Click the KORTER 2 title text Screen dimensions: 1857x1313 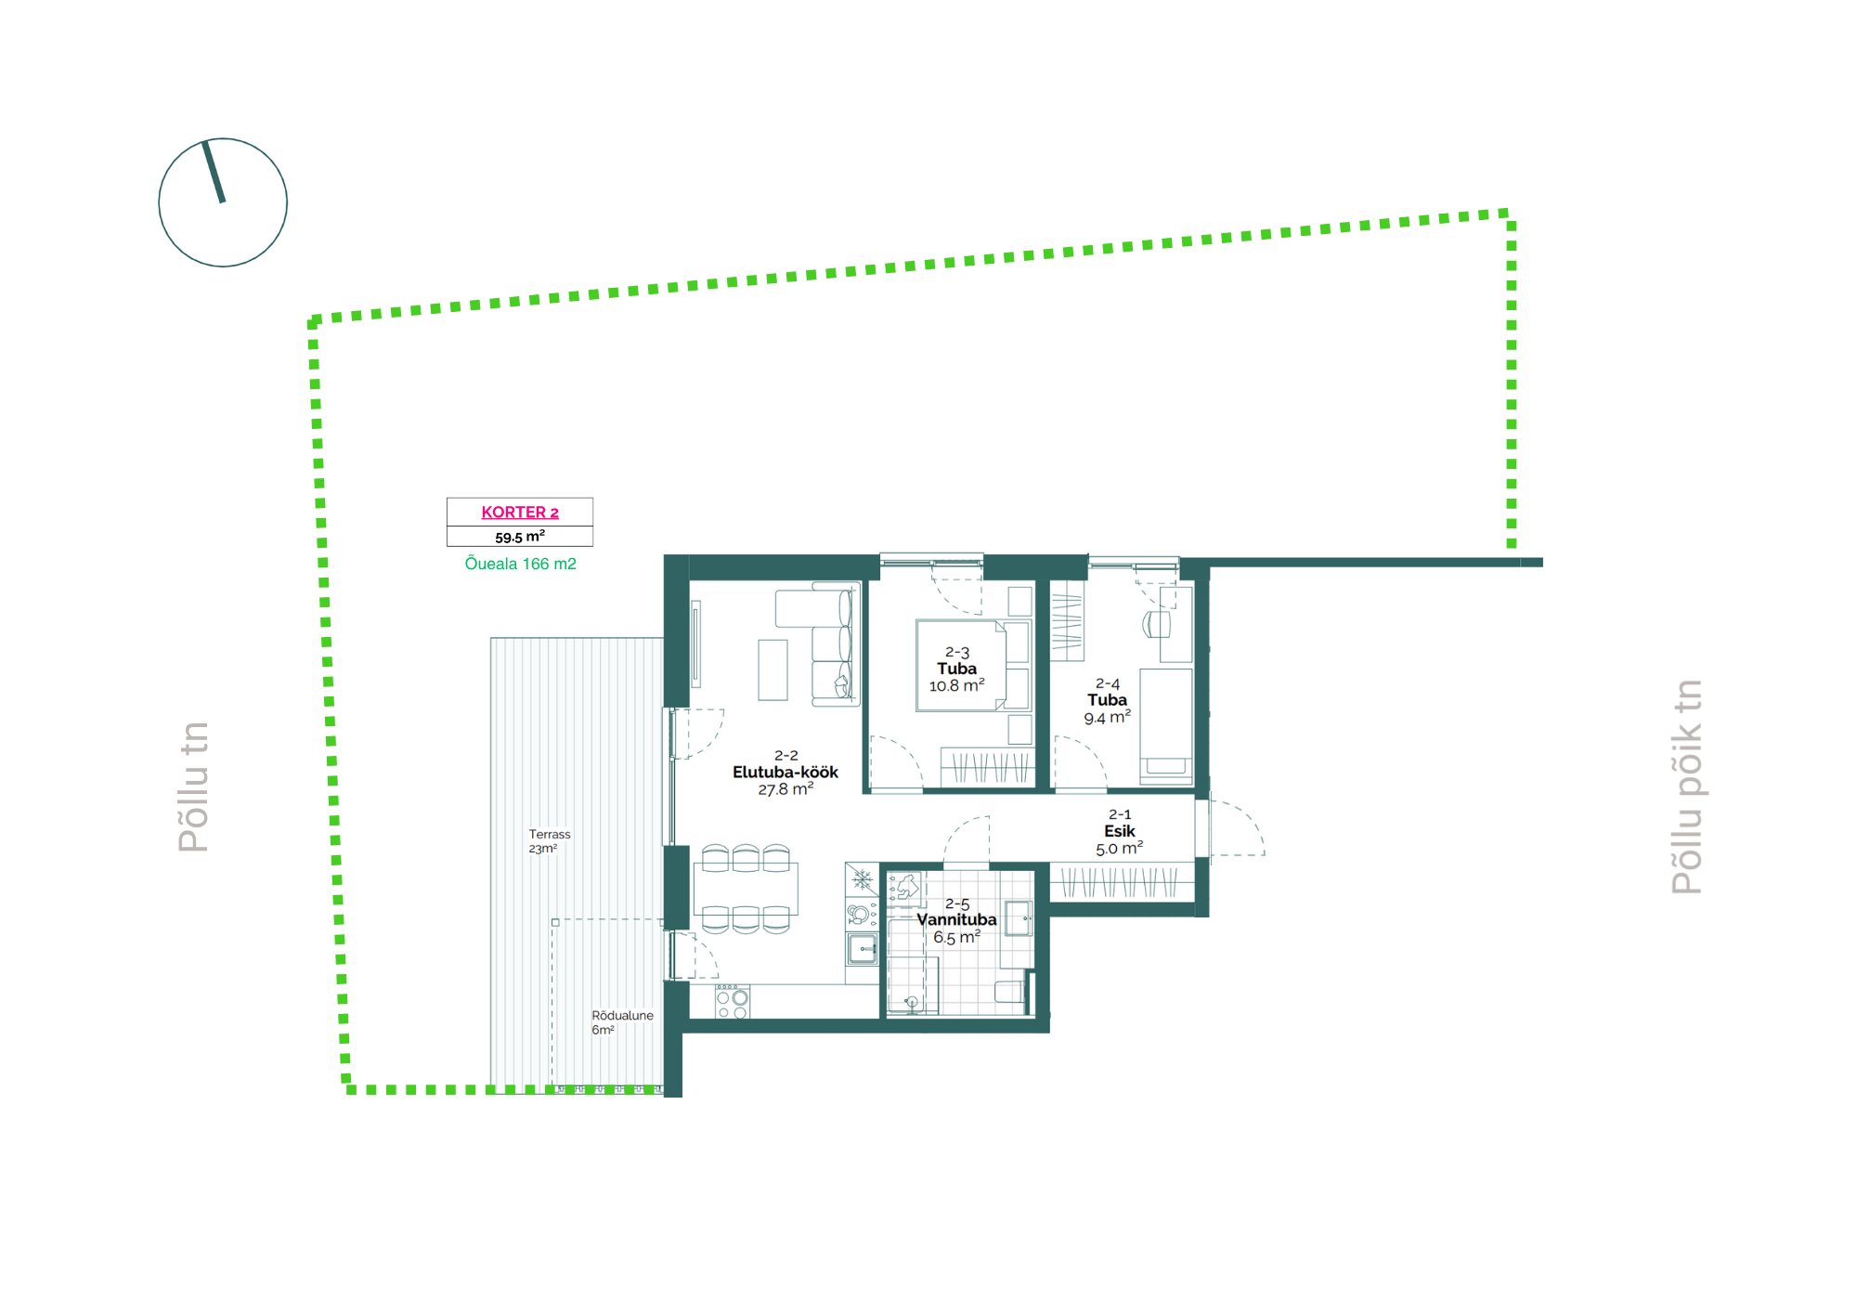(520, 512)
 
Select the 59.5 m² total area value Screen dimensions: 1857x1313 (520, 537)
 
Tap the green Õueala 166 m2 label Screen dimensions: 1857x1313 (520, 564)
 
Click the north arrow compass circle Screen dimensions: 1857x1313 (223, 202)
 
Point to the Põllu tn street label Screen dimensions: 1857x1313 (193, 786)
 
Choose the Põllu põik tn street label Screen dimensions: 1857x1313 (1687, 786)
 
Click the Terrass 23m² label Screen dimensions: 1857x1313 (550, 841)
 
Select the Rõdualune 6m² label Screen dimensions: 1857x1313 (622, 1022)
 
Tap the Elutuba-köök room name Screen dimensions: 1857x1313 (786, 772)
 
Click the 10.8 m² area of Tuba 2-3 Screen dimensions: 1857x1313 (956, 685)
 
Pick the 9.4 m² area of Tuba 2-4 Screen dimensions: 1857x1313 (1107, 717)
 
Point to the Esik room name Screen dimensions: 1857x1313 (1120, 831)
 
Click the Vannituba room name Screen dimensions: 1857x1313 (956, 919)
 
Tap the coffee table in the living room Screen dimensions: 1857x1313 (773, 669)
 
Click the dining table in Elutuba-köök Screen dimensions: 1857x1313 (746, 889)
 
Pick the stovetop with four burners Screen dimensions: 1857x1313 (733, 1001)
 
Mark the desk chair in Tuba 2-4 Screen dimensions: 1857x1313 (1157, 624)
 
